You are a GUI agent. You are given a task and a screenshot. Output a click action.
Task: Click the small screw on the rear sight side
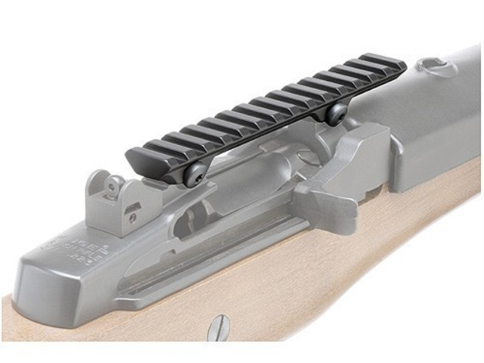132,219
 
